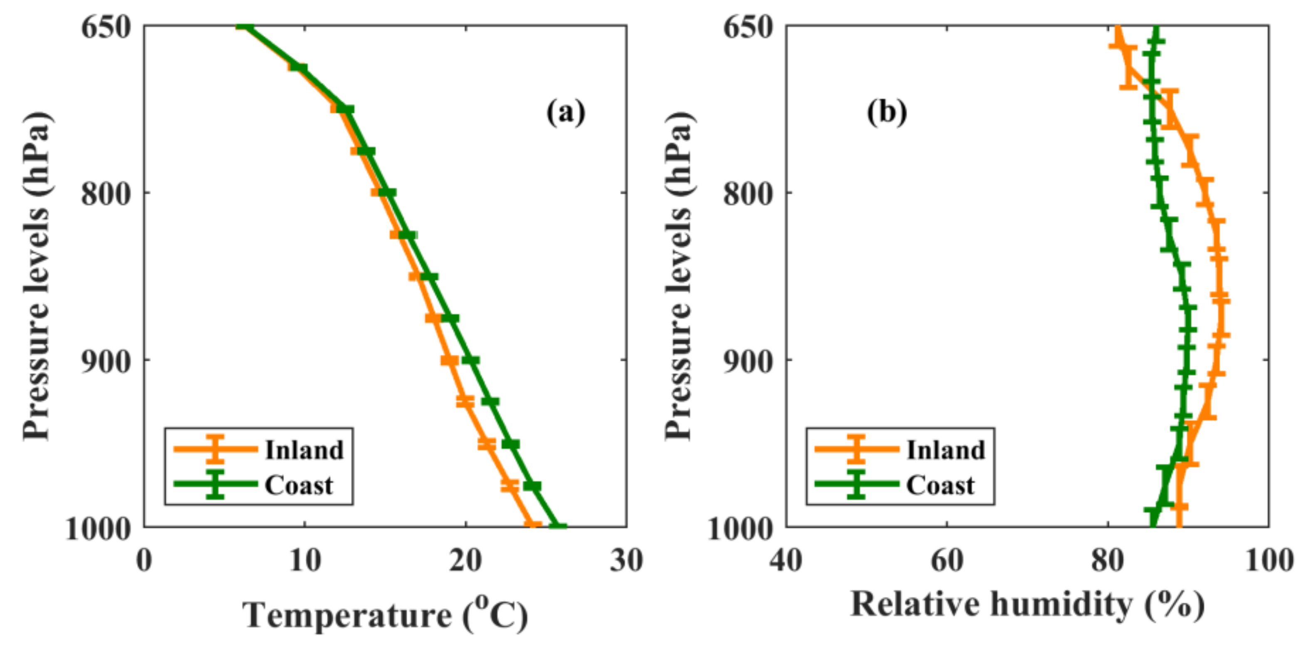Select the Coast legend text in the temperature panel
(299, 485)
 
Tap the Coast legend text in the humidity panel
(940, 485)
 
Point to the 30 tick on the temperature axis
(626, 561)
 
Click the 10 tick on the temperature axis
(305, 561)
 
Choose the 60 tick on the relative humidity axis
(947, 561)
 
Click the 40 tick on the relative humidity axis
(786, 561)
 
